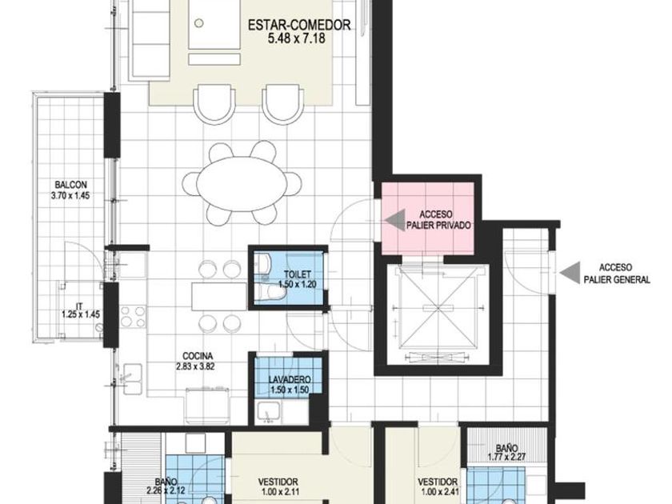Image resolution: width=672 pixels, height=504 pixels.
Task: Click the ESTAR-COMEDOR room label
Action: click(299, 25)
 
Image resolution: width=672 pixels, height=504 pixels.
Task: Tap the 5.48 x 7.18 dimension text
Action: click(297, 38)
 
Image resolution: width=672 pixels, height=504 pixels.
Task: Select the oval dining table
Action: click(242, 184)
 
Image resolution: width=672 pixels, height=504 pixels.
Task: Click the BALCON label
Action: click(70, 185)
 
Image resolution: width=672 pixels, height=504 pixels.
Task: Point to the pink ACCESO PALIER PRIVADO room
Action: click(428, 218)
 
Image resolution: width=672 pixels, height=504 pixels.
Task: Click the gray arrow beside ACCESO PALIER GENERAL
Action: click(570, 273)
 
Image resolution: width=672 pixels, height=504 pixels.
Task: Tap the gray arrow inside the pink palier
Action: click(395, 220)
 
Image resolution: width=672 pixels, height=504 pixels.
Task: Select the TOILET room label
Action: click(298, 274)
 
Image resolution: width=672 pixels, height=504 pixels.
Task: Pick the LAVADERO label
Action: click(290, 380)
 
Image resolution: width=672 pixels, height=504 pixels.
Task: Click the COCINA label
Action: click(198, 356)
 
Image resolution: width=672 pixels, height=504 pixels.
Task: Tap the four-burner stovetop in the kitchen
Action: click(133, 317)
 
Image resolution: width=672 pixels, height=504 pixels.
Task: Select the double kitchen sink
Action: click(133, 379)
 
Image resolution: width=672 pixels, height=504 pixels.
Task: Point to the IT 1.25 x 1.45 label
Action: click(81, 310)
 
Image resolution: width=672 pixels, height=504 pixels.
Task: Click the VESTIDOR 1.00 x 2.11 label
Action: click(278, 486)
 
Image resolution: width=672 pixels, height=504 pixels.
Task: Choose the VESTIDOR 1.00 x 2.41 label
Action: click(438, 487)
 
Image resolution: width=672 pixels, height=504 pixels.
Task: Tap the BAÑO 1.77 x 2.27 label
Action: click(507, 452)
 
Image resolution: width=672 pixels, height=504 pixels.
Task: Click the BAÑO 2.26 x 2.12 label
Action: click(166, 486)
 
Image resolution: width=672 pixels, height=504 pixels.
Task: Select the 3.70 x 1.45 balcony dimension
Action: click(70, 195)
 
